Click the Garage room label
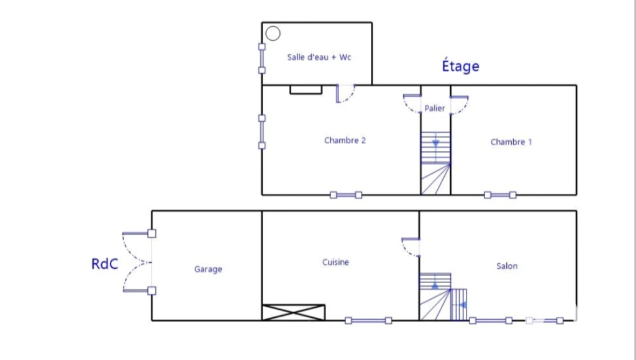(x=208, y=269)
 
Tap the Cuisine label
(x=335, y=263)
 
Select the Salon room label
(x=507, y=266)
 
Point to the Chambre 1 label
(x=511, y=142)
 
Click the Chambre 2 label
(x=345, y=140)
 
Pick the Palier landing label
(x=434, y=108)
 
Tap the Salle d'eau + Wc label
(x=319, y=57)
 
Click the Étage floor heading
(x=460, y=66)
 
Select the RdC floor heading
(x=104, y=264)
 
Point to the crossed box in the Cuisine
(x=293, y=313)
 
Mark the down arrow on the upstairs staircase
(x=435, y=143)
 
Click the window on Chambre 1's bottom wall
(x=500, y=195)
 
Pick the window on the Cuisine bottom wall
(x=368, y=321)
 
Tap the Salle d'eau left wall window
(x=262, y=58)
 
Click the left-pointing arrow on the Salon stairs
(x=463, y=305)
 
